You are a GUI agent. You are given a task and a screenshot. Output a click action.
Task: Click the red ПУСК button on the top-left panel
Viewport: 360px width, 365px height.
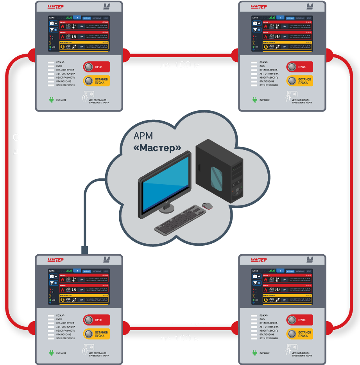pos(96,67)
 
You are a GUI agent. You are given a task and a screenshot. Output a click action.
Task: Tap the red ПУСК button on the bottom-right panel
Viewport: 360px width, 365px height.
pos(299,320)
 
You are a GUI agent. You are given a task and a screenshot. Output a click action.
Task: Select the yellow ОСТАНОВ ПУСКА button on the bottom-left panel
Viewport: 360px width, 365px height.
pos(96,334)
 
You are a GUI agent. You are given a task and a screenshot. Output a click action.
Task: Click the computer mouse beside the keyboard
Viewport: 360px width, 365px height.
pos(207,205)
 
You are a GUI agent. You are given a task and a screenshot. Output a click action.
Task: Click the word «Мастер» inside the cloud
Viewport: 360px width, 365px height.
pos(158,148)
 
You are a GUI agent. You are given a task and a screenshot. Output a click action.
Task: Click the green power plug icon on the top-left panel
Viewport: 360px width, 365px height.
pos(51,100)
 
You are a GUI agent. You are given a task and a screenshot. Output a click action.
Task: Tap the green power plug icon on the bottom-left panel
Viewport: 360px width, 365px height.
pos(51,353)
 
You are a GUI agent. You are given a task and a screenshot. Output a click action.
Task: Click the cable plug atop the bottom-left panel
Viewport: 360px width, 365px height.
pos(85,250)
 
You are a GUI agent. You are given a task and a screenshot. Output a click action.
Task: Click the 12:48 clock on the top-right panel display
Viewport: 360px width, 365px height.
pos(255,18)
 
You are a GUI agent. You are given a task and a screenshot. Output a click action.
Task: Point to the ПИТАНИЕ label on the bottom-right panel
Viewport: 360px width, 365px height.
pos(264,353)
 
